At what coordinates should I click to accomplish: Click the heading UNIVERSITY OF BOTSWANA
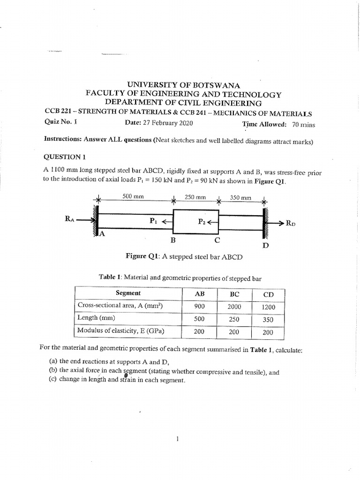point(180,85)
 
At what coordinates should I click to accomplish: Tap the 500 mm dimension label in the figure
point(133,197)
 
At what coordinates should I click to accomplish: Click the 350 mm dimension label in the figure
point(240,198)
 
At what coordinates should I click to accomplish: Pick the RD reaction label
point(292,224)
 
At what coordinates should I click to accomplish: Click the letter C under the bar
point(217,240)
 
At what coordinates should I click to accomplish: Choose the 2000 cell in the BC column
point(234,307)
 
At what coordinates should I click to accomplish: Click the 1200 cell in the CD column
point(269,307)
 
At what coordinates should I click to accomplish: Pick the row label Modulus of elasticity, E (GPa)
point(120,331)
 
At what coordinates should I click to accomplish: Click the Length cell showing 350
point(269,320)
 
